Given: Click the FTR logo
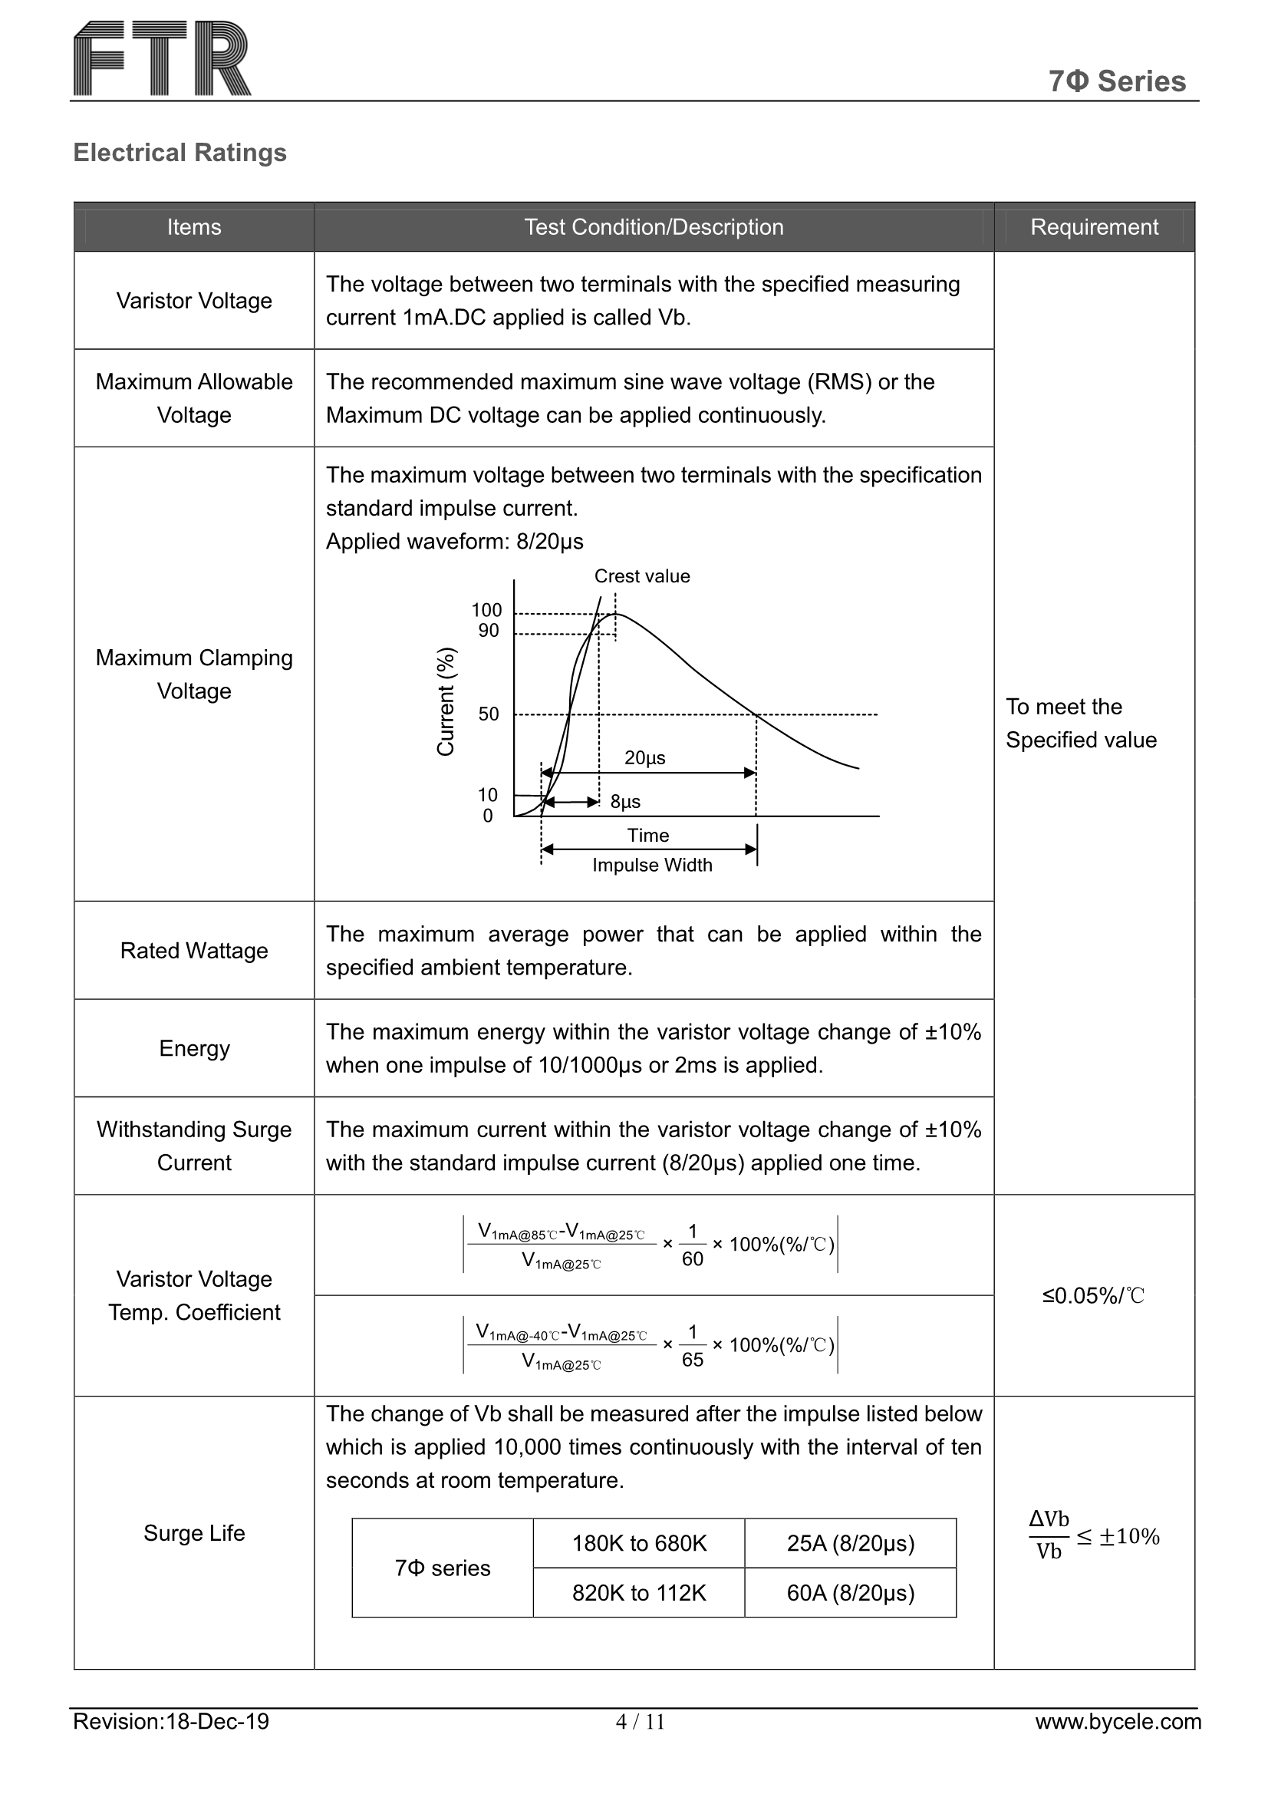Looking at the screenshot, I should pos(162,59).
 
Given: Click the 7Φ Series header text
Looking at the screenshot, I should pos(1116,81).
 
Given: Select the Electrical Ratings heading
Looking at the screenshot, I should pos(179,153).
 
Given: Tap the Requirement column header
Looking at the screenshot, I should pos(1094,227).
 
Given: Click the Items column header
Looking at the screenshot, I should pos(194,227).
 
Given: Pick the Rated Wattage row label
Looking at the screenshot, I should pos(194,950).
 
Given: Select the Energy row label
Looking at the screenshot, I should pos(194,1048).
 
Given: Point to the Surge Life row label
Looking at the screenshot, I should pos(194,1533).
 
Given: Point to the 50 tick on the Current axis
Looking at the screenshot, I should pos(489,714).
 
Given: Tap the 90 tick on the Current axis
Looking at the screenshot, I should pos(489,631).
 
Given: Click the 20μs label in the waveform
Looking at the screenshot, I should pos(644,758).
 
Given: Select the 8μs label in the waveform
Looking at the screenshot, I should pos(625,802).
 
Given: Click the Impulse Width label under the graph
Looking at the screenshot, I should pos(651,865).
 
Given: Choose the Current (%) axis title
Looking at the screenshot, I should pos(446,701).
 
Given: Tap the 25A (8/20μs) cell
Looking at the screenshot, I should pos(850,1543).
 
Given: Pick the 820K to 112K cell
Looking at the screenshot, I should pos(638,1593).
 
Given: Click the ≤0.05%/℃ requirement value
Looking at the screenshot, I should pos(1093,1296).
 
